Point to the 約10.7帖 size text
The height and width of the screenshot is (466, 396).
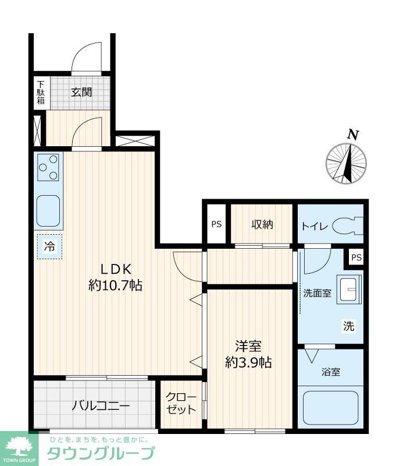(116, 285)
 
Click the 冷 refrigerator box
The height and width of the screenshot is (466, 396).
(49, 246)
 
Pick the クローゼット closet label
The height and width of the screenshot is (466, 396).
(181, 403)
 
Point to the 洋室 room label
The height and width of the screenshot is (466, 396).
(248, 346)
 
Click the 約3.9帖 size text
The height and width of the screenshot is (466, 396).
(248, 362)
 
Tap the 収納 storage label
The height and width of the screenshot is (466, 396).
(262, 224)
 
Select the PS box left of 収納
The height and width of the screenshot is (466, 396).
(216, 224)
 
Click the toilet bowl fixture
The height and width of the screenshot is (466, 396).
(351, 225)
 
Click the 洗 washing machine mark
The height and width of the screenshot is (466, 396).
(348, 326)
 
